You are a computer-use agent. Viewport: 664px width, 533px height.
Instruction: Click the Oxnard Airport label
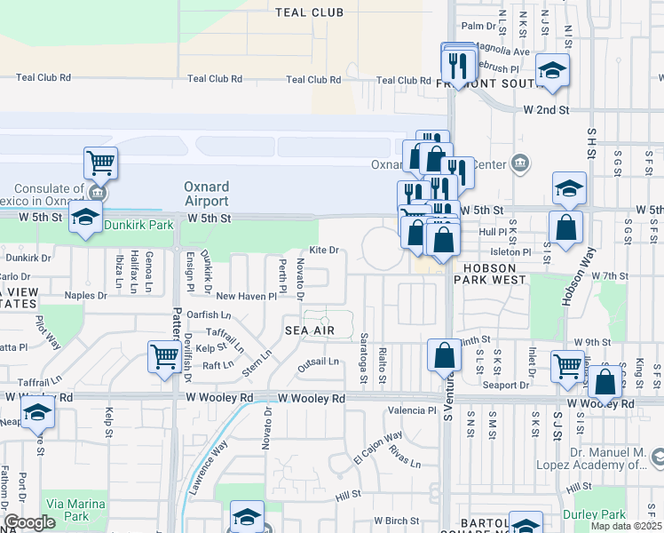click(x=207, y=194)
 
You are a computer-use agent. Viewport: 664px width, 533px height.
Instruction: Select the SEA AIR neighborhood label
click(x=310, y=330)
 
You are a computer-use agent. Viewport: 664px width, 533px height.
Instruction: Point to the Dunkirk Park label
click(x=138, y=226)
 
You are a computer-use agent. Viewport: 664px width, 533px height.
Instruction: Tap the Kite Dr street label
click(x=324, y=251)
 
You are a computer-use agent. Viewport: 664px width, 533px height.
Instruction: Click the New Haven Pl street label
click(x=241, y=297)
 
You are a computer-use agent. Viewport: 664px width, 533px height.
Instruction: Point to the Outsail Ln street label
click(x=318, y=362)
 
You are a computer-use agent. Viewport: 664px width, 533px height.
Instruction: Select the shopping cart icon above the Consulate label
click(x=101, y=163)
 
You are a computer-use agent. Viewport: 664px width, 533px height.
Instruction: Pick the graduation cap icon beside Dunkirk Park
click(x=85, y=217)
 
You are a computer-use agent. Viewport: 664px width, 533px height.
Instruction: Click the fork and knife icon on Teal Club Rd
click(x=458, y=62)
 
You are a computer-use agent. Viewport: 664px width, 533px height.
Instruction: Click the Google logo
click(x=29, y=523)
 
